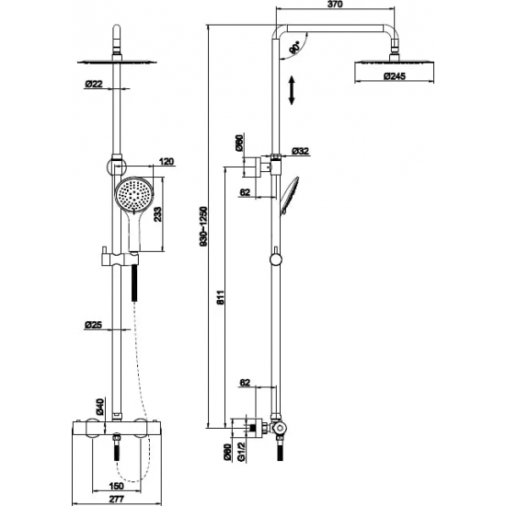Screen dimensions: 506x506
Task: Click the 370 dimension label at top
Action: (x=335, y=5)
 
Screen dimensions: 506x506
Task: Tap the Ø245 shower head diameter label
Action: (x=395, y=76)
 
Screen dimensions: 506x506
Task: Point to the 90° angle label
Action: (x=294, y=48)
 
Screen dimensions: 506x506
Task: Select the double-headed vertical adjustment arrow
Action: (x=292, y=90)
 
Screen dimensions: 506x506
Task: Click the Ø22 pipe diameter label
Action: (x=94, y=84)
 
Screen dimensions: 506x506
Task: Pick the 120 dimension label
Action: (x=167, y=161)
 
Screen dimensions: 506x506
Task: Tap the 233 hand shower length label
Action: (x=158, y=214)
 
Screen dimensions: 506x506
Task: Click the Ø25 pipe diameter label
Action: (x=93, y=325)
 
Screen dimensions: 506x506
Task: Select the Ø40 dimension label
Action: (x=99, y=407)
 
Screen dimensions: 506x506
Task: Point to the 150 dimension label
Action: (x=117, y=486)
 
